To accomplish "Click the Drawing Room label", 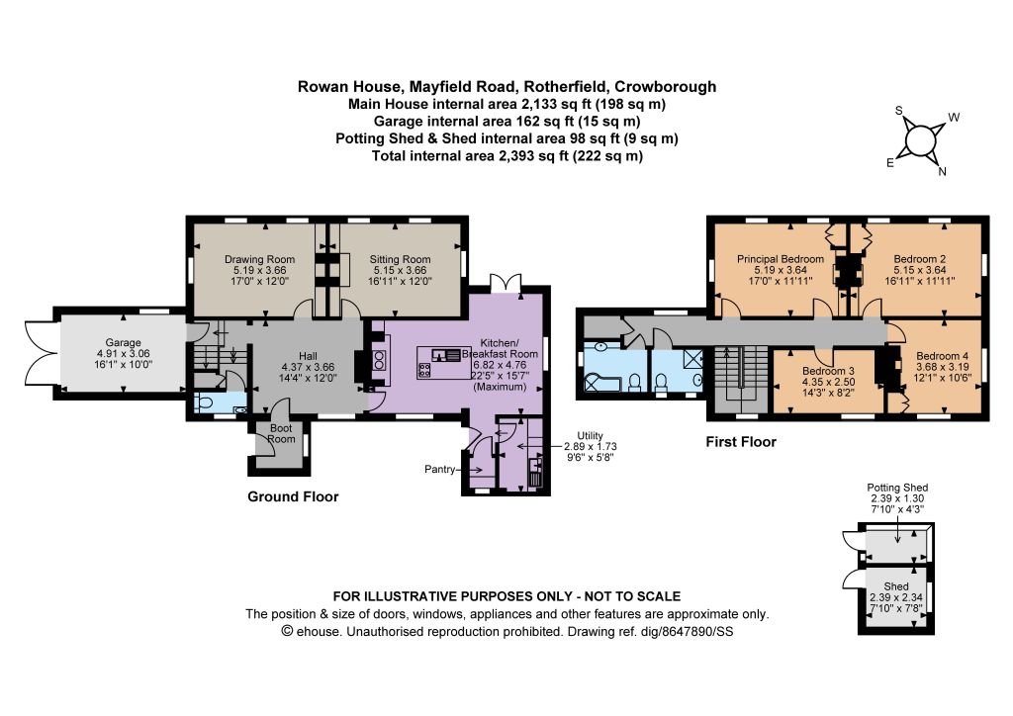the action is point(259,259).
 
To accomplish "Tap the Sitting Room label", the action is point(400,259).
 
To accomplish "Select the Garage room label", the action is point(123,343).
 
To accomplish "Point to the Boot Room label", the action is point(281,433).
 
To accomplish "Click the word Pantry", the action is point(440,470).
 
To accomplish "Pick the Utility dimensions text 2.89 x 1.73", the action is point(590,446).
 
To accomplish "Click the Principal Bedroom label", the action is point(781,259).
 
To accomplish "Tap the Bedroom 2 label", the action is point(920,259).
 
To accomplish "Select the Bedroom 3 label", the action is point(828,371).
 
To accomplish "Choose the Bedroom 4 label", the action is point(942,356).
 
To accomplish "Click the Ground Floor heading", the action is point(293,496).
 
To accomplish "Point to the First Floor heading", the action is point(740,442).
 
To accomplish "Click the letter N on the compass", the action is point(942,172).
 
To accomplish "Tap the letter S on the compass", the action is point(898,111).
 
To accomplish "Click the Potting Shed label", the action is point(897,489).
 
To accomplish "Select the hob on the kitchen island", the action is point(425,370).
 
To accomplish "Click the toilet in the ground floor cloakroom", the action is point(206,404).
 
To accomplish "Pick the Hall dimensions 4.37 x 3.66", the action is point(308,367).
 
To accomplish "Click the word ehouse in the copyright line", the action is point(318,631).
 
